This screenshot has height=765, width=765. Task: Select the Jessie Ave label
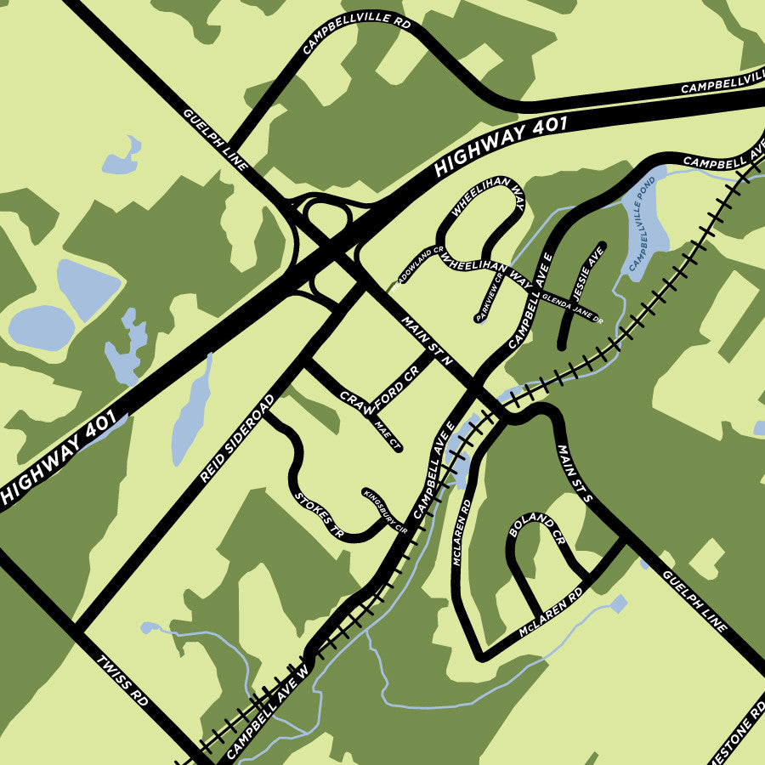[587, 273]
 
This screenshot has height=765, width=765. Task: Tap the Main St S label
[575, 473]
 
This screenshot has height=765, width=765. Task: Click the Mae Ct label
[387, 432]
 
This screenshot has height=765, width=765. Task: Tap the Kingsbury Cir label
[385, 511]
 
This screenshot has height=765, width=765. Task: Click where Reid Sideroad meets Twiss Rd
[77, 629]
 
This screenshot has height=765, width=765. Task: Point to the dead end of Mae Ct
[399, 448]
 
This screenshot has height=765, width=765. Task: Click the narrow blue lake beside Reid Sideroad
[191, 412]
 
